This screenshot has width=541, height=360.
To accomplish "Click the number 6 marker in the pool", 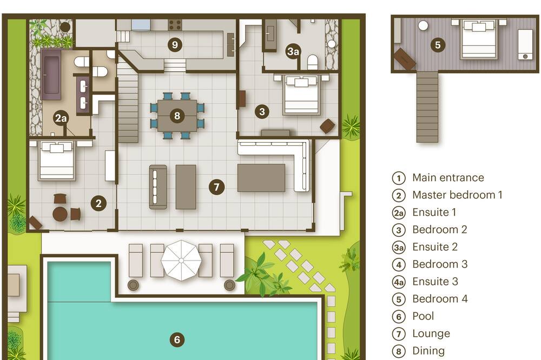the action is pos(177,339).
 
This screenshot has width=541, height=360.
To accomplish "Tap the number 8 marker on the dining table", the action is pos(177,116).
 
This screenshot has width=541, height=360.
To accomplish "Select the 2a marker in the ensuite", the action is pos(61,118).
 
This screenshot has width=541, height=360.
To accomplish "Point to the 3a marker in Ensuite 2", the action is pos(293,51).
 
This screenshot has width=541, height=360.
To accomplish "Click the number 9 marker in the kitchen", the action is pos(175,44).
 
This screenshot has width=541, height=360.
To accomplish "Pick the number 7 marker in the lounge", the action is pos(216,187).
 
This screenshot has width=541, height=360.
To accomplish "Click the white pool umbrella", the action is pos(181,261).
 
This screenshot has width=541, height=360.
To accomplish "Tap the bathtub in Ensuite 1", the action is pos(51,75).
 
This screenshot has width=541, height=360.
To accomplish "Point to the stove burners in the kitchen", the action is pos(175,25).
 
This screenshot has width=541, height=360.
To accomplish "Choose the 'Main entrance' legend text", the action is pos(448,178).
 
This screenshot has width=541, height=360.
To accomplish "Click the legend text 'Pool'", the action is pos(423,316).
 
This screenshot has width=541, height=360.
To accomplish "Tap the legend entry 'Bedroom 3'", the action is pos(440,264).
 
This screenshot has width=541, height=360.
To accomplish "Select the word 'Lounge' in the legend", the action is pos(431,334).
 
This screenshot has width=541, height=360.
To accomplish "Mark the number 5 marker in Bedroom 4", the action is pos(438,45).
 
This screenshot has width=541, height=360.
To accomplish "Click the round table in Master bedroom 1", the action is pos(60,214).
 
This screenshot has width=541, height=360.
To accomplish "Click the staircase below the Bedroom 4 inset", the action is pos(427,107).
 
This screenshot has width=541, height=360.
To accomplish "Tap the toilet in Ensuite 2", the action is pos(312,62).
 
